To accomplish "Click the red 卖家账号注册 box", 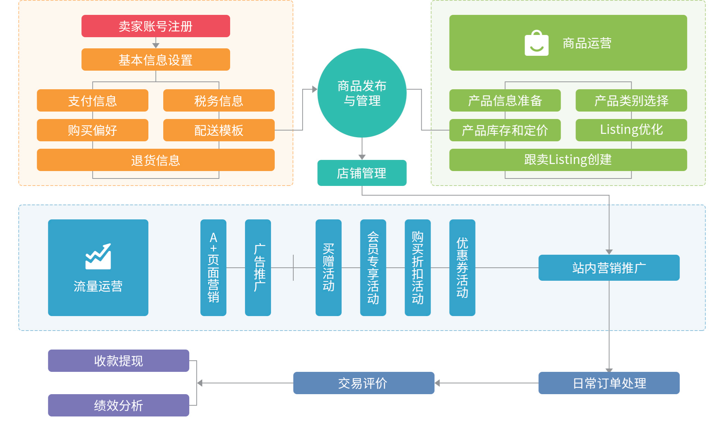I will click(155, 26).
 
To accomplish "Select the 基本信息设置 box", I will click(155, 59).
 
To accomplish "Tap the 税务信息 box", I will click(219, 100).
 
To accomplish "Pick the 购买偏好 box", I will click(92, 130).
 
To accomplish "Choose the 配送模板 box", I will click(219, 130).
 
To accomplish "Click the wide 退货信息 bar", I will click(155, 160).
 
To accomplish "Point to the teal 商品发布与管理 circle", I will click(362, 93).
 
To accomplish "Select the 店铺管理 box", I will click(362, 173).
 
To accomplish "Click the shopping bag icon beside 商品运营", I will click(536, 43).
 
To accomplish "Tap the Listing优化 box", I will click(631, 130).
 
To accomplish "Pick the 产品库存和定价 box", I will click(505, 130).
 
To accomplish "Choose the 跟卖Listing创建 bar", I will click(568, 160).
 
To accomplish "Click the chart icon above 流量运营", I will click(98, 257).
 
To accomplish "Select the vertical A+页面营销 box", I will click(213, 267).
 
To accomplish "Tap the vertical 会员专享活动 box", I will click(373, 267).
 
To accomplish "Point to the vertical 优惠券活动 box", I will click(462, 267).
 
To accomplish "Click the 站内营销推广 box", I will click(609, 268).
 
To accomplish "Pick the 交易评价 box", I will click(363, 383).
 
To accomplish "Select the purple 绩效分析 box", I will click(118, 405).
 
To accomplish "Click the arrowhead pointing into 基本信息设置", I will click(156, 45).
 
